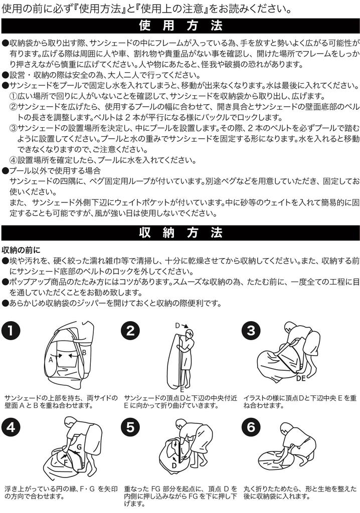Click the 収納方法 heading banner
(x=180, y=233)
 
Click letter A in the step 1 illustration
(x=51, y=359)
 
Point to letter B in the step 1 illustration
(x=84, y=352)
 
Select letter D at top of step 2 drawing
(x=177, y=325)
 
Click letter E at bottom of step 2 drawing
(x=183, y=388)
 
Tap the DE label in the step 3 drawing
(x=301, y=379)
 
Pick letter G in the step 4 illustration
(x=79, y=446)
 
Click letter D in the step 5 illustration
(x=174, y=465)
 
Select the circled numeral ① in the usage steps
(x=14, y=96)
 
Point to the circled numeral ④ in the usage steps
(x=14, y=160)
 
